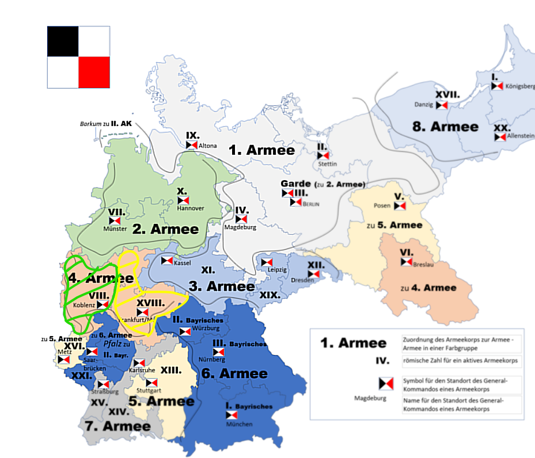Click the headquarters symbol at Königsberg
point(496,86)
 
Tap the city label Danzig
point(423,105)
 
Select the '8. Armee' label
point(445,127)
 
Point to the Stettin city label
point(327,164)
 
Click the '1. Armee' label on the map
point(261,151)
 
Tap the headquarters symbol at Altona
point(192,146)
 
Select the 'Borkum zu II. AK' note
point(105,124)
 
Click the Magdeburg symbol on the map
point(241,219)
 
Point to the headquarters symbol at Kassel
point(166,262)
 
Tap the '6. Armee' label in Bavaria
point(234,373)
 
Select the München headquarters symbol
point(232,415)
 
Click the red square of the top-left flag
point(94,72)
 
